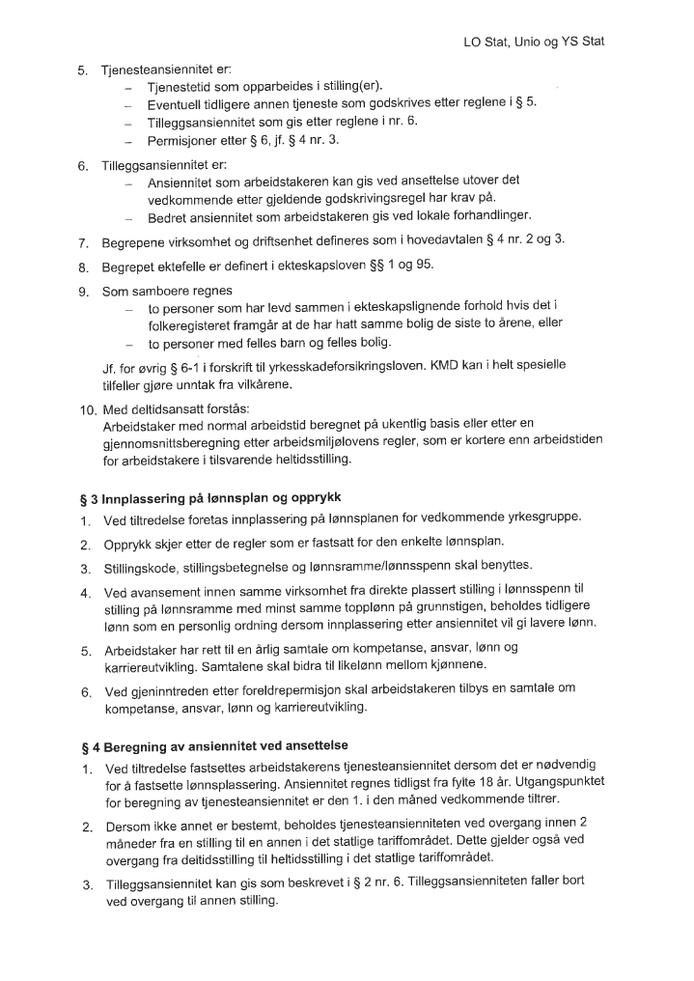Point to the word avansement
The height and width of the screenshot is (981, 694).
point(166,590)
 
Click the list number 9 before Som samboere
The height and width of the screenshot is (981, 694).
point(83,290)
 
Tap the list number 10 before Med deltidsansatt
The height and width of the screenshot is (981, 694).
point(86,407)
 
